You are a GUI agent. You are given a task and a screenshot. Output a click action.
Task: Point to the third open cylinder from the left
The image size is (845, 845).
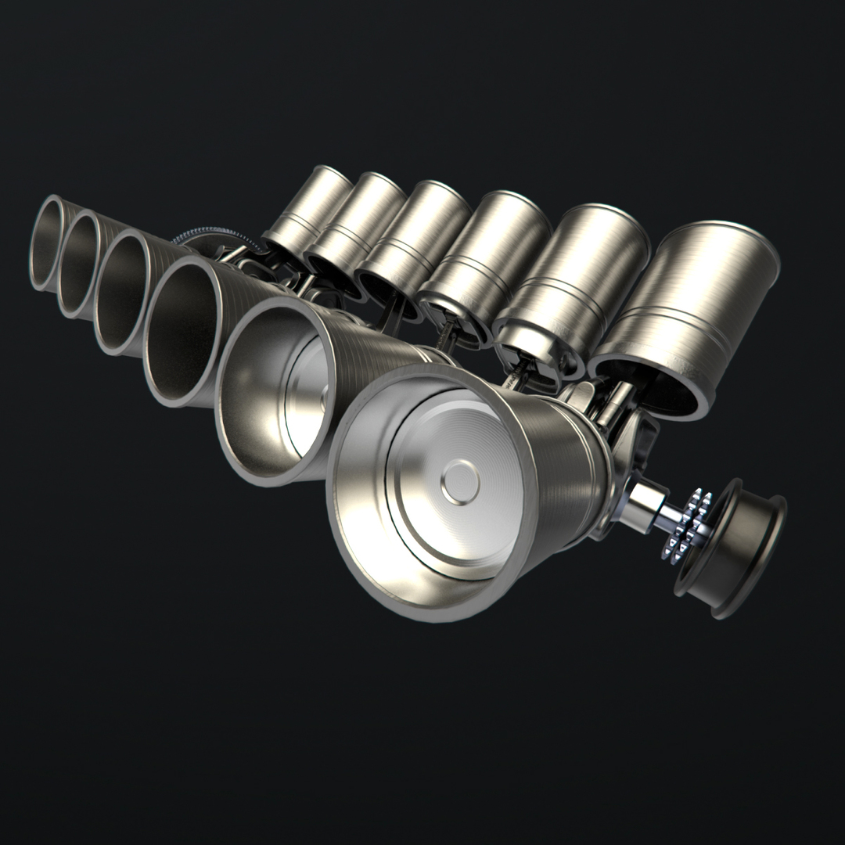click(125, 293)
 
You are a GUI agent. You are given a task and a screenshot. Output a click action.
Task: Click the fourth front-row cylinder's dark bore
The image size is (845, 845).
click(184, 336)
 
